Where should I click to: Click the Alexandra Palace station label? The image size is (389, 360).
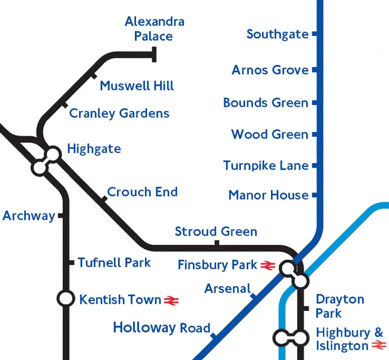pos(154,29)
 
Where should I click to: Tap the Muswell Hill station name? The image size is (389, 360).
pos(137,86)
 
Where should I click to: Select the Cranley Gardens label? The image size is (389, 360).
pos(119,113)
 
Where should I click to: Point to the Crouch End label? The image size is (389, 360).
pos(142,192)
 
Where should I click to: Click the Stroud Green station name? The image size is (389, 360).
pos(216,232)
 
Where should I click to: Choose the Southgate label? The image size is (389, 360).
pos(277,34)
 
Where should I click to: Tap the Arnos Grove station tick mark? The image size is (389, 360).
pos(313,70)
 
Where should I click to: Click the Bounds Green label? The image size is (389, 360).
pos(266,103)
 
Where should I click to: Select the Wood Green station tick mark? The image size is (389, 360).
pos(313,134)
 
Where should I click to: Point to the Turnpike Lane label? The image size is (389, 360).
pos(266,166)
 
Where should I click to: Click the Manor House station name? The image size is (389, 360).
pos(269,195)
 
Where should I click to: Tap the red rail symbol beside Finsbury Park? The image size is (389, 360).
pos(267,265)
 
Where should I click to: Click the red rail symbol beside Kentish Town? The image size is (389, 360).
pos(172,300)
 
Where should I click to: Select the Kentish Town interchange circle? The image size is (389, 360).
pos(65,298)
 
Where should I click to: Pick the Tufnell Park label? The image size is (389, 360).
pos(114,263)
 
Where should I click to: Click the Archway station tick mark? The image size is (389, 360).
pos(61,216)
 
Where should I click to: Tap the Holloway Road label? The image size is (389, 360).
pos(162,328)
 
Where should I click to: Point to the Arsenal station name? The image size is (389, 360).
pos(227,289)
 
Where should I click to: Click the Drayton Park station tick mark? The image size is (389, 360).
pos(305,308)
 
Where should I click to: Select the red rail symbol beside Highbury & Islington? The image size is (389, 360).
pos(378,346)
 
